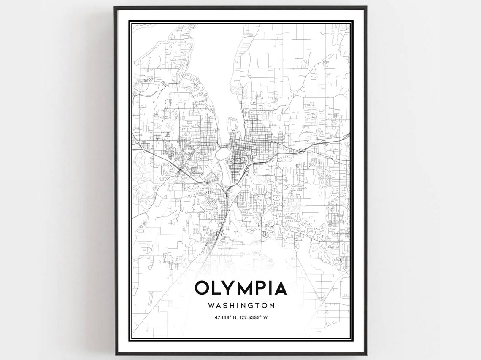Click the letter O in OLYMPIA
[x=202, y=288]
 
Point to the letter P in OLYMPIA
[x=262, y=288]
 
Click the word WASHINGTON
[x=241, y=305]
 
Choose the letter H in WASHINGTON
[x=232, y=305]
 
